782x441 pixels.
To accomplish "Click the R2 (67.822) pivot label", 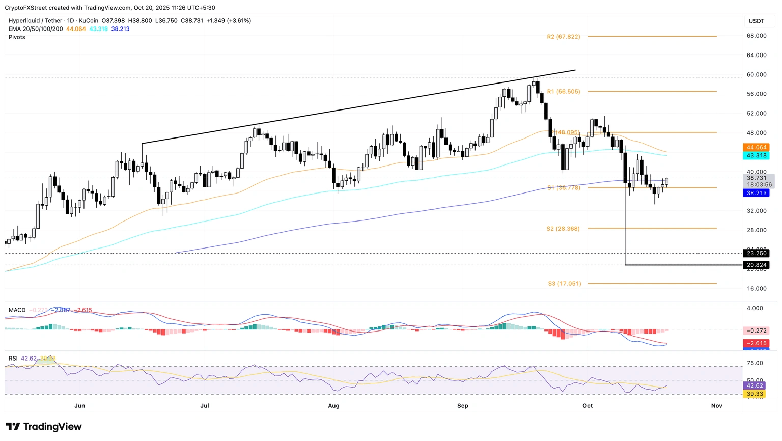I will (563, 37).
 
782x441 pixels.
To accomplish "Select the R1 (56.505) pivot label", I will (563, 92).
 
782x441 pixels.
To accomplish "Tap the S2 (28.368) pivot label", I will (563, 229).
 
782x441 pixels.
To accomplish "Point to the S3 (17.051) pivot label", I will (564, 284).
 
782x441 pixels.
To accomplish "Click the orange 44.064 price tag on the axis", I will (756, 148).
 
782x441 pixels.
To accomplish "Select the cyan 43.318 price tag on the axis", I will (756, 156).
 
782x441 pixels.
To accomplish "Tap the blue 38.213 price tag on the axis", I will (756, 194).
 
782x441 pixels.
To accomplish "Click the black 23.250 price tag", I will (756, 254).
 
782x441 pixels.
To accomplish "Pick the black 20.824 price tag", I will (756, 265).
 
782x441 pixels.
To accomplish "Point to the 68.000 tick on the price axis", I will (756, 36).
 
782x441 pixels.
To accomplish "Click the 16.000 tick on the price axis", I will (756, 289).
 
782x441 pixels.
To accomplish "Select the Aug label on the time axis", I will (333, 406).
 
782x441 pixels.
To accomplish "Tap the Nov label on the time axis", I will (716, 406).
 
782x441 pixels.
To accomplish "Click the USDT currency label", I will (756, 21).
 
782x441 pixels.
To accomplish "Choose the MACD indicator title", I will (17, 310).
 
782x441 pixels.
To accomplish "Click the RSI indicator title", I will (13, 359).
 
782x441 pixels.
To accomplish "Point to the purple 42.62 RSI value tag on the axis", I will (755, 386).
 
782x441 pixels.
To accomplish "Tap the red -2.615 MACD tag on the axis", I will (756, 344).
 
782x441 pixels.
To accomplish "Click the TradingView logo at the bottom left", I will (44, 427).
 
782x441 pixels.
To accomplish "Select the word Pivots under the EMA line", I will (17, 37).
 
